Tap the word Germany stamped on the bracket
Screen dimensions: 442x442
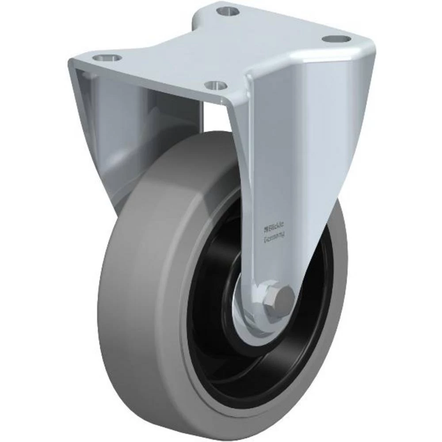click(274, 239)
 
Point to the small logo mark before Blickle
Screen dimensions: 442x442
click(266, 229)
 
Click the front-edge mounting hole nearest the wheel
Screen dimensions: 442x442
click(215, 84)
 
